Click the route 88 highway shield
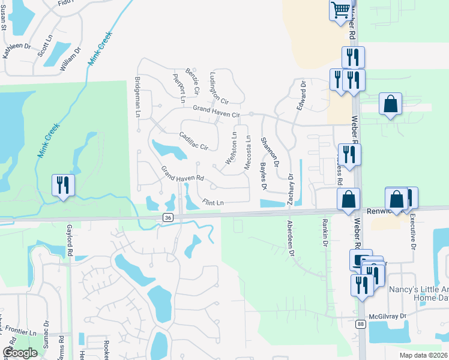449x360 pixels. point(360,324)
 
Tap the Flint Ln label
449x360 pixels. point(212,203)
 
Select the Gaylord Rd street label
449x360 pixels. point(70,241)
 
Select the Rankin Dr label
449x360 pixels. point(325,235)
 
